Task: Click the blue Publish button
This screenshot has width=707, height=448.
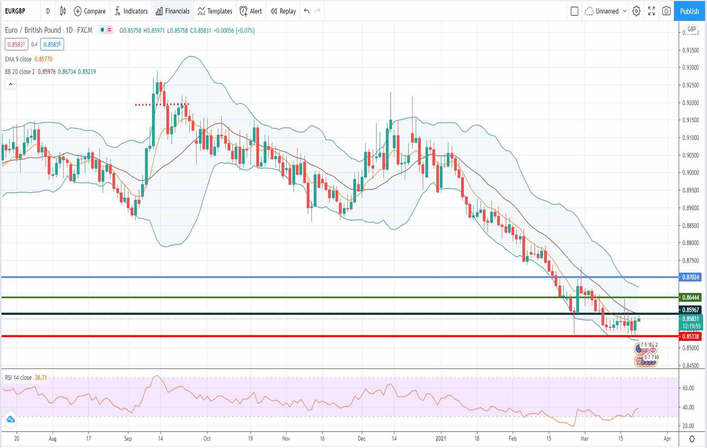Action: point(689,11)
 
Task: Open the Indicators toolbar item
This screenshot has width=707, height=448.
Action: point(131,11)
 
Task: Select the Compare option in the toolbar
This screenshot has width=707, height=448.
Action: point(90,11)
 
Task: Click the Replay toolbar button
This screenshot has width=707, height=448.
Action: point(283,11)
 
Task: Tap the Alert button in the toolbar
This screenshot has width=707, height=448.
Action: point(251,11)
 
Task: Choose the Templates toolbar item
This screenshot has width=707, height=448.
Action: point(215,11)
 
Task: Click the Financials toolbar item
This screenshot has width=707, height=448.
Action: point(172,11)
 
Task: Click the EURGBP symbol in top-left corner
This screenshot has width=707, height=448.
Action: point(15,11)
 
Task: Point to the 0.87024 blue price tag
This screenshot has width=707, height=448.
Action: point(690,277)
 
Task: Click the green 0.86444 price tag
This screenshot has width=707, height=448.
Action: point(690,297)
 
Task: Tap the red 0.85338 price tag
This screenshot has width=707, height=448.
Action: point(690,336)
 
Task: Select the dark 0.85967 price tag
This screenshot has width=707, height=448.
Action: point(690,310)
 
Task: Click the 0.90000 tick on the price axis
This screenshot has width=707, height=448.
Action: point(690,173)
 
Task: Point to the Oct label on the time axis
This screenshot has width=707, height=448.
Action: point(207,438)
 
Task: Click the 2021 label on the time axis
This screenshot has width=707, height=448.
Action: point(440,438)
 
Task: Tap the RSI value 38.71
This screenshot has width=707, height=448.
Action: point(40,377)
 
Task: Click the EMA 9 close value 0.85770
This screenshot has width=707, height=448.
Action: point(43,59)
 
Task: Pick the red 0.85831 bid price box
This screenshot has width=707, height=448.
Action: point(16,45)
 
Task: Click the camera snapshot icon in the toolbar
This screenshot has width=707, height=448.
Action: point(666,11)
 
